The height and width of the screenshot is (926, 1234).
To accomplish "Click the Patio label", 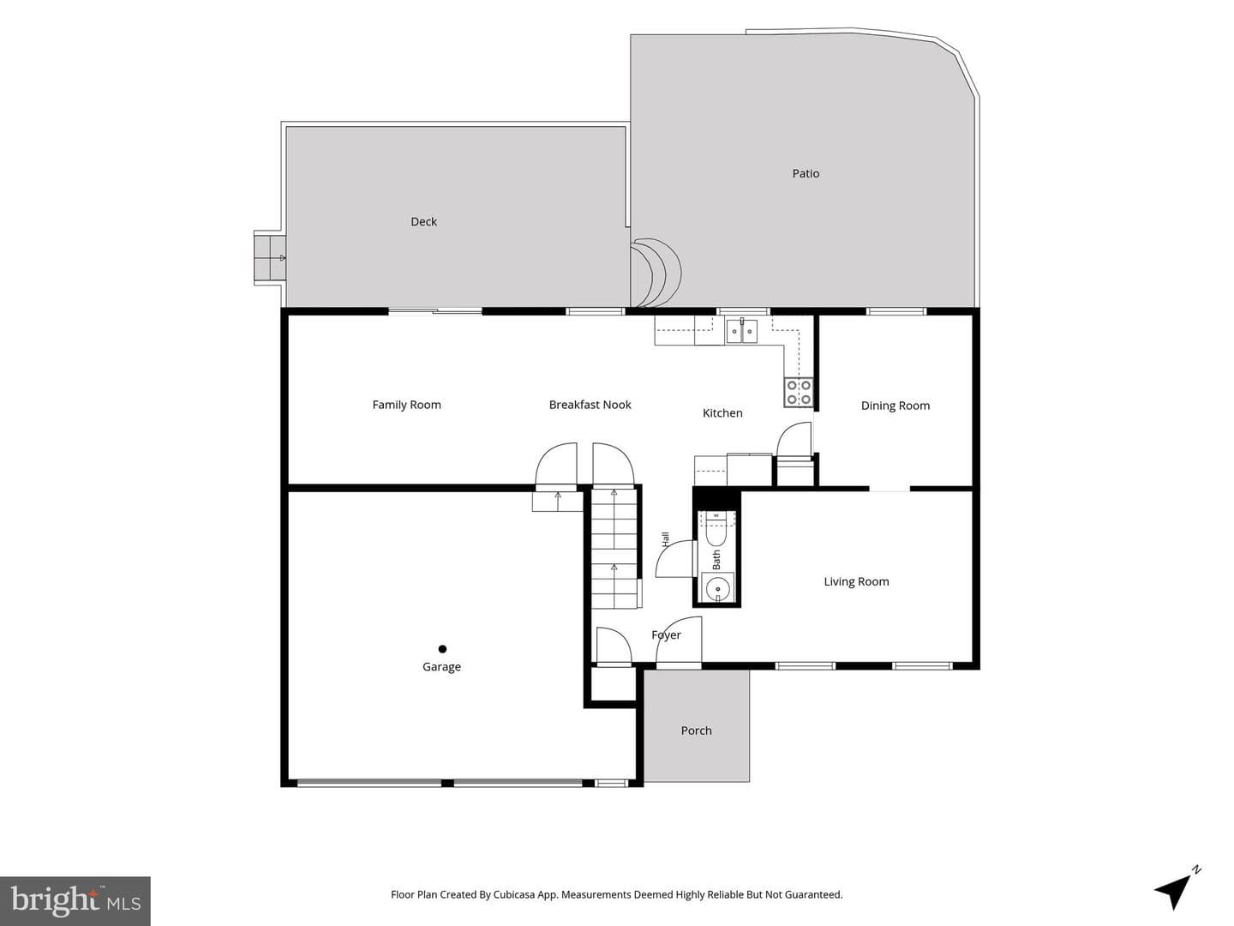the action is pos(805,174).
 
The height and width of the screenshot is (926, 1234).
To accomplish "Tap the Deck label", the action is pos(423,221).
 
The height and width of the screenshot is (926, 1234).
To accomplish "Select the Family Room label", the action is pos(406,405).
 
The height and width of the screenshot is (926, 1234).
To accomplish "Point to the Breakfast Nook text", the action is pos(590,405).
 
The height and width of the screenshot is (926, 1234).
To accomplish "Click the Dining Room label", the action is pos(895,406).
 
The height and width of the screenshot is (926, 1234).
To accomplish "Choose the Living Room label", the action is pos(856,582).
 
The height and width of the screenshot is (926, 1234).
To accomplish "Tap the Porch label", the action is pos(696,731).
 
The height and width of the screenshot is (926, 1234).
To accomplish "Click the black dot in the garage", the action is pos(442,649).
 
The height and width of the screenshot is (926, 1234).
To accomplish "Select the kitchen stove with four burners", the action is pos(799,392).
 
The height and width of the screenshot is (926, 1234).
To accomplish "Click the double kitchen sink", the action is pos(741,331).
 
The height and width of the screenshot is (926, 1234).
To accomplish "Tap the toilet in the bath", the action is pos(716,528).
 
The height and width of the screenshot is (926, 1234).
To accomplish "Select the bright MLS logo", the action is pos(75,900).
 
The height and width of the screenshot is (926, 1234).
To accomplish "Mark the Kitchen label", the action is pos(722,413).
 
